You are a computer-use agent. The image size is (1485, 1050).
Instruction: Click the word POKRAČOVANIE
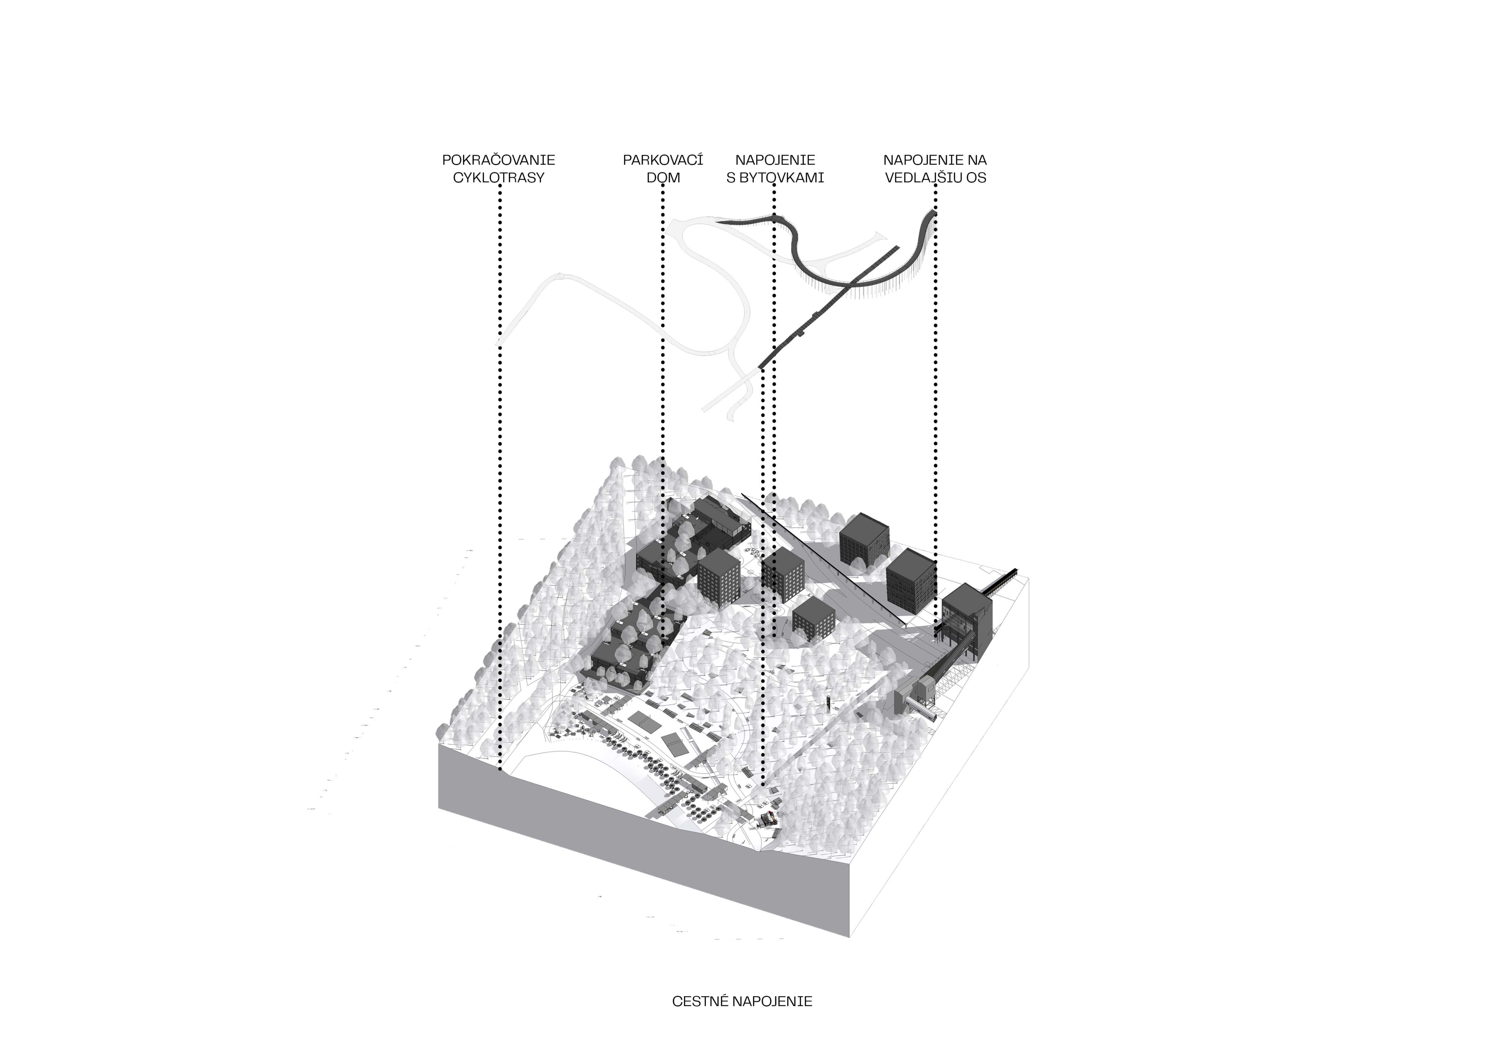click(499, 160)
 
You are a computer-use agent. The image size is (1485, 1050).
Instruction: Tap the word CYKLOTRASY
click(499, 178)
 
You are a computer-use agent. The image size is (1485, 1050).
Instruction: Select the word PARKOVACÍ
click(663, 160)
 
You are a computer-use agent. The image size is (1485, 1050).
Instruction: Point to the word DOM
click(663, 178)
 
